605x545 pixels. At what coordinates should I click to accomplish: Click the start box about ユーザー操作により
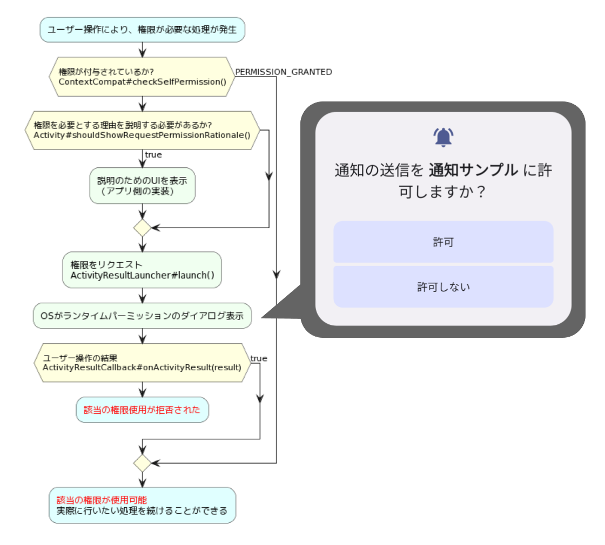[142, 29]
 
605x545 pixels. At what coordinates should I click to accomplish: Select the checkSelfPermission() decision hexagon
[142, 77]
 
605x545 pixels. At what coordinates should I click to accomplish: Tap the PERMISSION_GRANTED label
[284, 72]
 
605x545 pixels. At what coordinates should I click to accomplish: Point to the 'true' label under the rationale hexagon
[153, 155]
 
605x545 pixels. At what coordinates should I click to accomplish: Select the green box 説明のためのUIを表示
[142, 186]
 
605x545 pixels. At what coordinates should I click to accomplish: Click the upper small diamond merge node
[142, 228]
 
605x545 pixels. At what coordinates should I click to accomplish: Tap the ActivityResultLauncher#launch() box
[142, 270]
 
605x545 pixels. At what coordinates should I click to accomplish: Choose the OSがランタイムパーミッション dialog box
[142, 316]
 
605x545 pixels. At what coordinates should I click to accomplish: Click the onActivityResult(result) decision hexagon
[142, 363]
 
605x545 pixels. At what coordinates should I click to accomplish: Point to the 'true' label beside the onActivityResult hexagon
[259, 358]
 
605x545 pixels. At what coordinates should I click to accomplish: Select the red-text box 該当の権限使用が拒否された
[142, 410]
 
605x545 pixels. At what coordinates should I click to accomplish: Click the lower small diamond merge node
[142, 463]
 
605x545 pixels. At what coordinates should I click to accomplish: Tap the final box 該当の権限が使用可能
[142, 505]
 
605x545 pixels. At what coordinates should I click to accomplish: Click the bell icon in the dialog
[443, 138]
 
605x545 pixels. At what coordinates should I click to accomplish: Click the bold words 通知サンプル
[473, 171]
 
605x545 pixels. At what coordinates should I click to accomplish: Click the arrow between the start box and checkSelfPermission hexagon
[142, 49]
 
